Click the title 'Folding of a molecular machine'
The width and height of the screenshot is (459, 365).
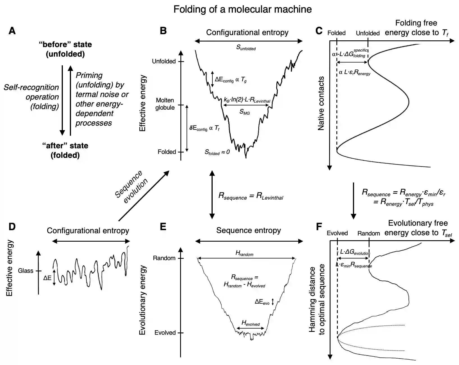(x=242, y=9)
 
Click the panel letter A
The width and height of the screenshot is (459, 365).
(x=12, y=31)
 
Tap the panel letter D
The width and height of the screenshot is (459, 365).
(x=12, y=227)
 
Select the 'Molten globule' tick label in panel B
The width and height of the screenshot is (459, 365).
(x=165, y=104)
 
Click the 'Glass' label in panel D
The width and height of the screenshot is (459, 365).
(x=26, y=271)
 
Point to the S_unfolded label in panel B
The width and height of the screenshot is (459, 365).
(x=246, y=47)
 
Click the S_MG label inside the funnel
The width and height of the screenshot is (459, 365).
(x=244, y=112)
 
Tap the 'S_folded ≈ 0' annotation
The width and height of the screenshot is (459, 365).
(x=217, y=152)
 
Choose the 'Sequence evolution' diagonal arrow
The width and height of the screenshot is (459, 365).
(x=144, y=196)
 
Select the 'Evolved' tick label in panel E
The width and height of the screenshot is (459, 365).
(x=165, y=333)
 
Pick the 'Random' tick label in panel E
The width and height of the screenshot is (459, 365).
(x=164, y=258)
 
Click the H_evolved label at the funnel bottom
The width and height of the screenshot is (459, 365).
(x=251, y=323)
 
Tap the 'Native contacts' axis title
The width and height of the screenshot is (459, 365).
(x=321, y=103)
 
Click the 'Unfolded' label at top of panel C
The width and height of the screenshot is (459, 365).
(x=368, y=33)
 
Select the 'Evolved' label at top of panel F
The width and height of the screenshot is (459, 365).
(x=337, y=233)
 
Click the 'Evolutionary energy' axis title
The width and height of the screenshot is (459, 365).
(x=143, y=300)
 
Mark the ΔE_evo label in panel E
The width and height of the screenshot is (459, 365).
(x=262, y=302)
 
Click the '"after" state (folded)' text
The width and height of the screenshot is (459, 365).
(x=65, y=150)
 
